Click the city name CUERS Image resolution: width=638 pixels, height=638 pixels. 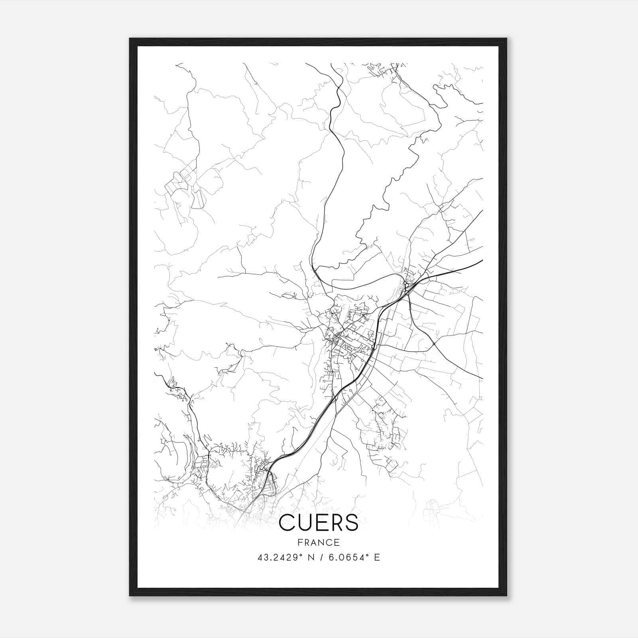[x=319, y=523]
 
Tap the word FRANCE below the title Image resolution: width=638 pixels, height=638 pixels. [x=319, y=542]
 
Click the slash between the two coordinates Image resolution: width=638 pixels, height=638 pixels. [x=321, y=557]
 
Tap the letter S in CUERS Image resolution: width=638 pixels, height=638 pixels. [x=351, y=523]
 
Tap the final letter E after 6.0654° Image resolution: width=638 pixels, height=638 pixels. [x=377, y=557]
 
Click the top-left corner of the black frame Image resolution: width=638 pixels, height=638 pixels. [x=130, y=39]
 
